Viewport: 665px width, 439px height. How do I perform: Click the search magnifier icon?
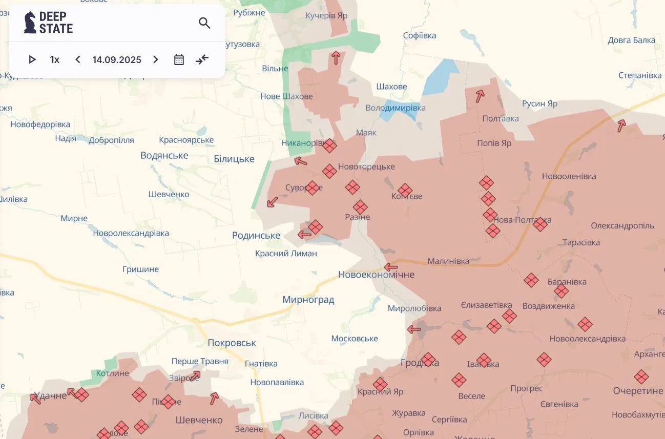204,23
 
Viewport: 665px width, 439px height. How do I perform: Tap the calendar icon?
179,60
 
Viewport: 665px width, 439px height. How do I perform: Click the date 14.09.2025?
117,60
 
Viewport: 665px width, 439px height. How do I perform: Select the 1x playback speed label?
55,60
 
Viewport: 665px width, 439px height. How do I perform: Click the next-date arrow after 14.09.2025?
156,60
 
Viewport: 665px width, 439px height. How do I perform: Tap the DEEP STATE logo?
49,23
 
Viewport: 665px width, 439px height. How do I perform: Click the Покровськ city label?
232,343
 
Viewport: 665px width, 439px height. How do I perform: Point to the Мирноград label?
308,300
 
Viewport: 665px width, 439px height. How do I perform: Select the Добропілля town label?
111,140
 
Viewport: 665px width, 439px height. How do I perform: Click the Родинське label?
256,236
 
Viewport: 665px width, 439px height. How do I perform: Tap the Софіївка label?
420,36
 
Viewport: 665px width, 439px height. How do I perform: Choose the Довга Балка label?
631,40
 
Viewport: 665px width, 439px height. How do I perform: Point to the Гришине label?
140,269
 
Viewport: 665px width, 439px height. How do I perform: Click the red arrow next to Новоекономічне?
391,267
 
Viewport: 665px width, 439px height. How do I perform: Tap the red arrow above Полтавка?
480,96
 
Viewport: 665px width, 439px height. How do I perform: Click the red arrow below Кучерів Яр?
336,58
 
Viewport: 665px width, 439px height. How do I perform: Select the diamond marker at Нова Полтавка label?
540,224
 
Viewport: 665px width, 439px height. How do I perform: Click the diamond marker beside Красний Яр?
380,384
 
